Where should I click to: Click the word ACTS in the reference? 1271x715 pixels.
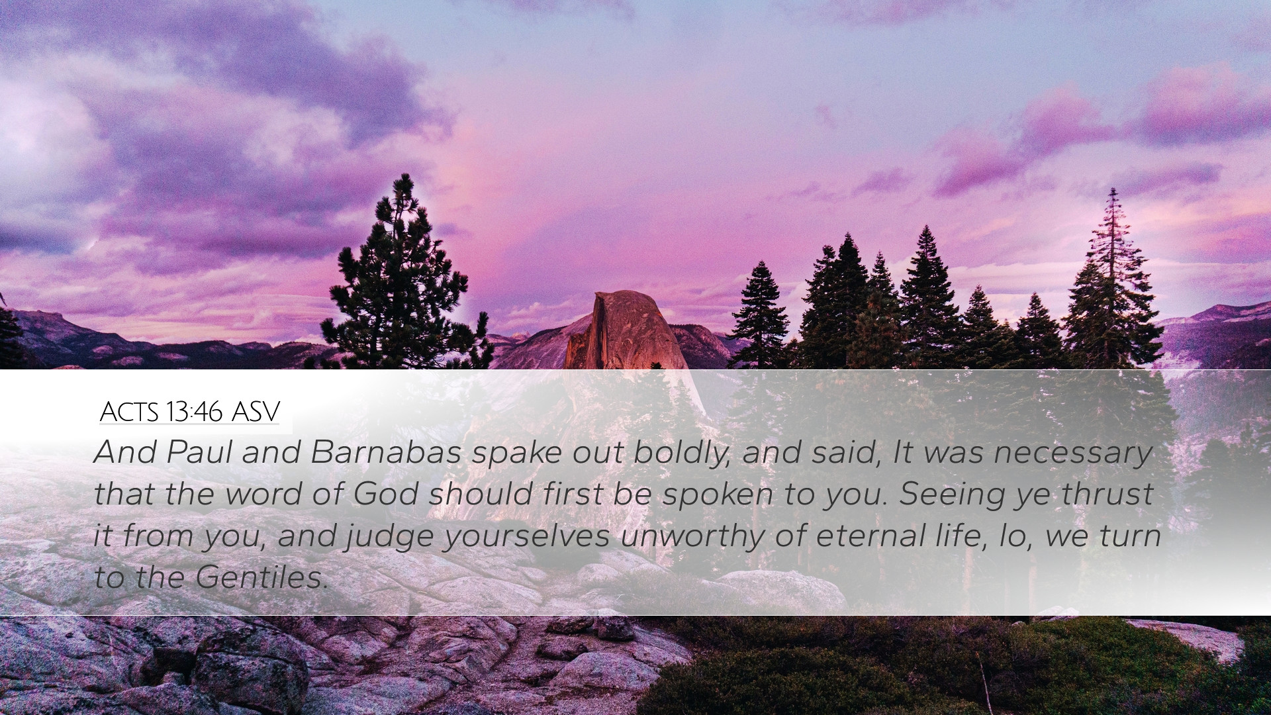pyautogui.click(x=129, y=412)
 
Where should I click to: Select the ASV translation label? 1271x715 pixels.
pyautogui.click(x=256, y=412)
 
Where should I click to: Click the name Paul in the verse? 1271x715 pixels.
pyautogui.click(x=200, y=452)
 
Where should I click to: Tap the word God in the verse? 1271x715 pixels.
pyautogui.click(x=385, y=494)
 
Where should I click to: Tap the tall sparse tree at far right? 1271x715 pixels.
pyautogui.click(x=1112, y=278)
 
